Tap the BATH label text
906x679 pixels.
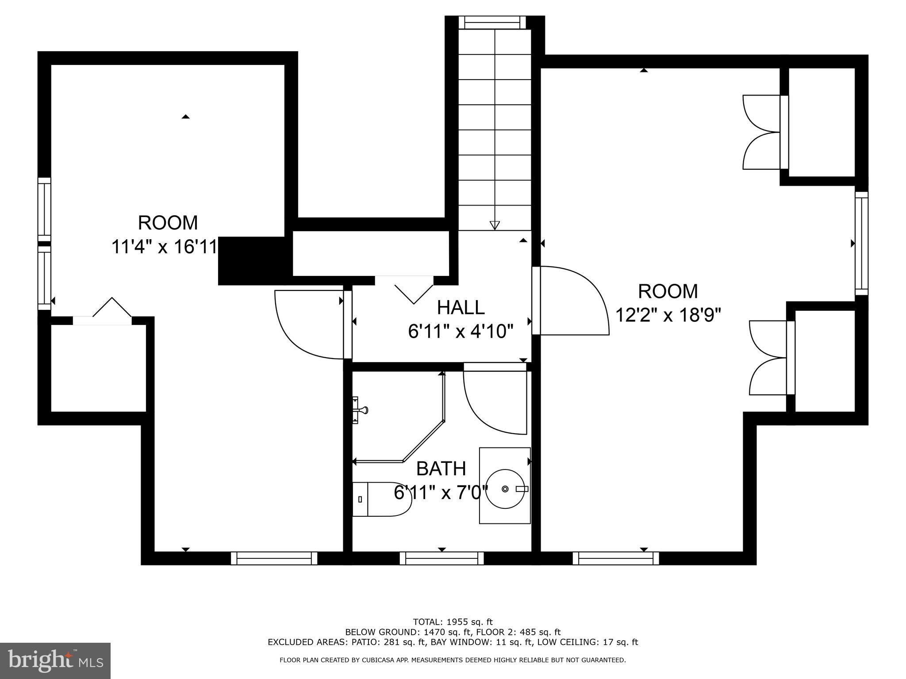[441, 469]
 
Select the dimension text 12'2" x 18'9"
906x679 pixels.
[668, 316]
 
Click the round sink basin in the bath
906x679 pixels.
[505, 489]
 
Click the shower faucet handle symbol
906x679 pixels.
[360, 410]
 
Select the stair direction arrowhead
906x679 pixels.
[495, 225]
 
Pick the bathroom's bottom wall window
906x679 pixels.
[441, 558]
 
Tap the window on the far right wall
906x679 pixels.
[861, 243]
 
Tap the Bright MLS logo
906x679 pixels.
[55, 660]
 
